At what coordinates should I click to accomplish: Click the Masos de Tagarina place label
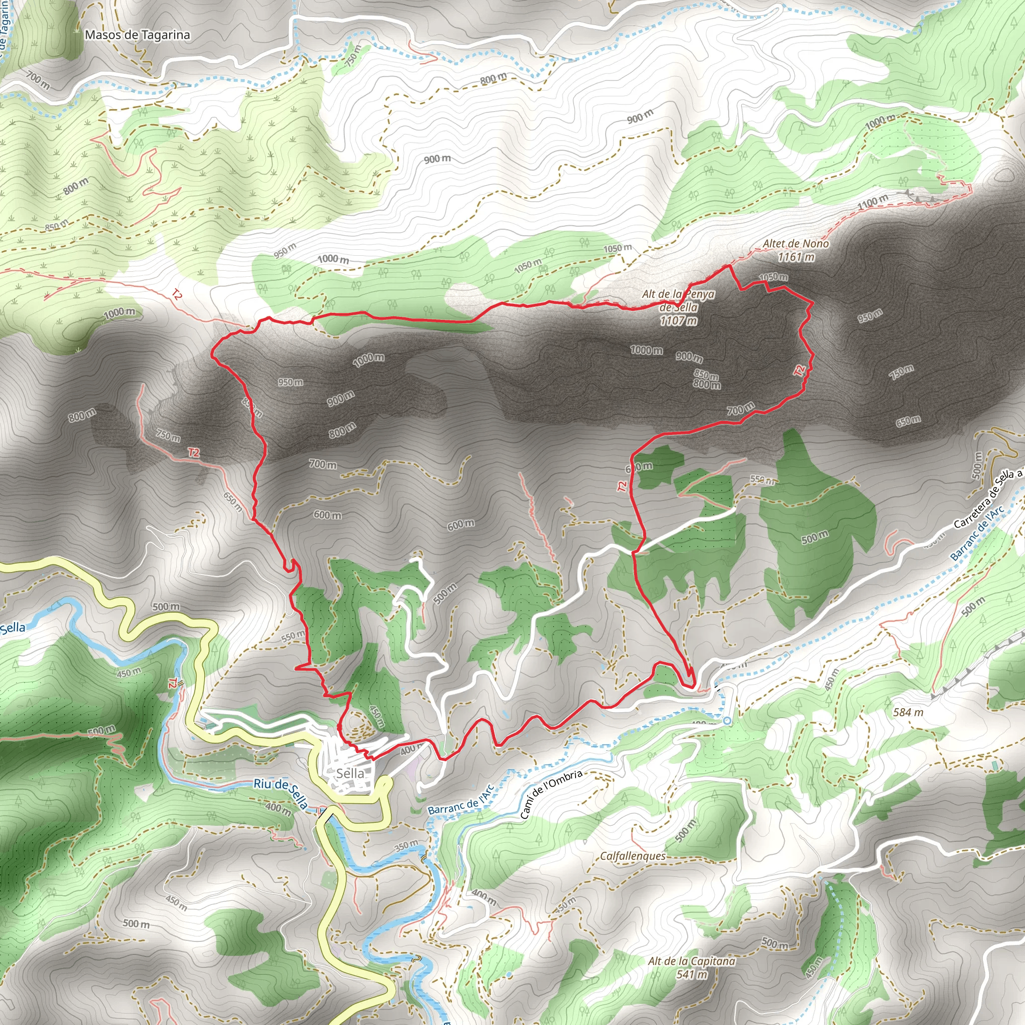pyautogui.click(x=138, y=35)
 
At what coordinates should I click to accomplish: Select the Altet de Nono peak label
pyautogui.click(x=796, y=244)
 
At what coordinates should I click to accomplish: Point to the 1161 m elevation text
pyautogui.click(x=796, y=257)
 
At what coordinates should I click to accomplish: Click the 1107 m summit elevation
pyautogui.click(x=679, y=320)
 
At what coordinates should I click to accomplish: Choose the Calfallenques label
pyautogui.click(x=633, y=856)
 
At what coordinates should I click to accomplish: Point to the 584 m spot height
pyautogui.click(x=908, y=712)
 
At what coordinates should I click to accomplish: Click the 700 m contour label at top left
pyautogui.click(x=38, y=80)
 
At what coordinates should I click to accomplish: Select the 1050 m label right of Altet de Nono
pyautogui.click(x=773, y=277)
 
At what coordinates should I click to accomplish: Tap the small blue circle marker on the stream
pyautogui.click(x=727, y=721)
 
